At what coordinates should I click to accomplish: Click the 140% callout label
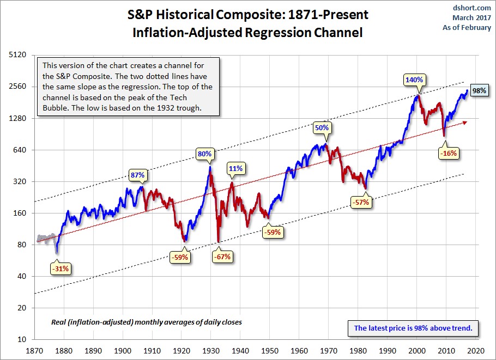click(x=414, y=80)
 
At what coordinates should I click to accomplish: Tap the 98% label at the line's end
click(x=479, y=90)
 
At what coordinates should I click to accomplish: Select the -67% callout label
click(x=222, y=257)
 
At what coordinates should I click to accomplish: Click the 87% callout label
click(x=137, y=175)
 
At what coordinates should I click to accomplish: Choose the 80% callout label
click(x=204, y=154)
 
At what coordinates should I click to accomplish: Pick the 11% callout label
click(x=235, y=168)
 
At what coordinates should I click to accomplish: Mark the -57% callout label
click(x=361, y=202)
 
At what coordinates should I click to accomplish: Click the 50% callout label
click(x=322, y=128)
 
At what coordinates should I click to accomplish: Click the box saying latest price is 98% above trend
click(x=417, y=328)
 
